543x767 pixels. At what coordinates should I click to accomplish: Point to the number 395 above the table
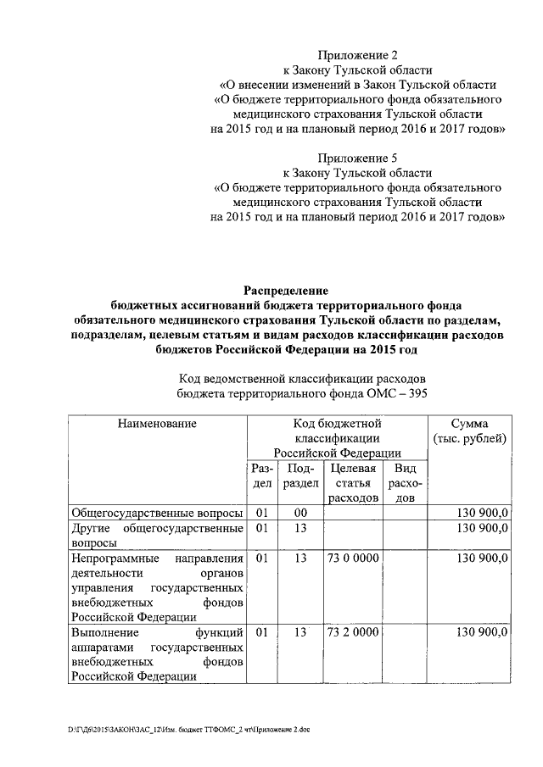(x=416, y=393)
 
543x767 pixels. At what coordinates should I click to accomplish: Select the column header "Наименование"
(x=157, y=423)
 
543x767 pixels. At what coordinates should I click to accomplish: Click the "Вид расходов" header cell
(x=406, y=483)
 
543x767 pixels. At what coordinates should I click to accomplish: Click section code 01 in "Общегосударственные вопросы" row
(x=262, y=513)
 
